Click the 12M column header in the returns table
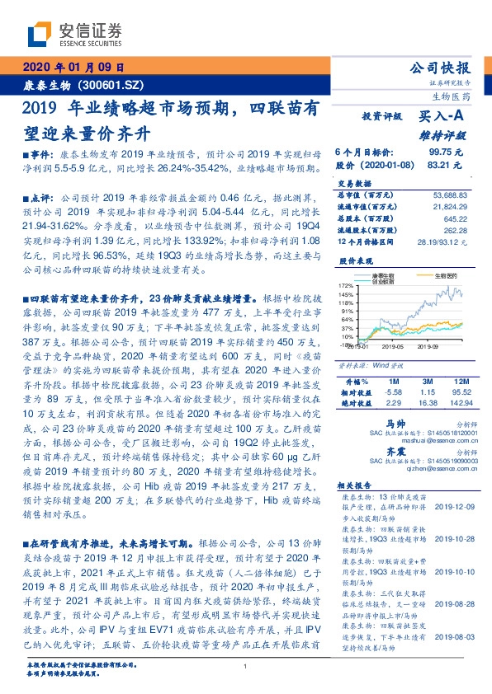tap(461, 382)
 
